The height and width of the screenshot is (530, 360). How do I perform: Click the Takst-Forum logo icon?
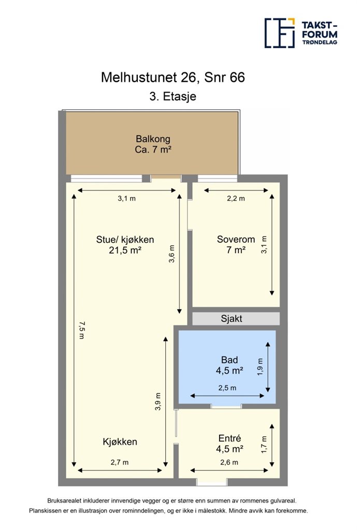point(280,33)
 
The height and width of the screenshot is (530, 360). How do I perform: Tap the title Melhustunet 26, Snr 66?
point(172,78)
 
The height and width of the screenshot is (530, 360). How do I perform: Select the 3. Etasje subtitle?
point(173,96)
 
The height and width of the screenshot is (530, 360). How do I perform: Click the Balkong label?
point(153,139)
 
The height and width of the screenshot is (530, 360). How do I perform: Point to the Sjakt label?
point(232,318)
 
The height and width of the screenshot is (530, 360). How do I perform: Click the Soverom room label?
point(236,239)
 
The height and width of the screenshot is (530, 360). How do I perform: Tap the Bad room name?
point(229,360)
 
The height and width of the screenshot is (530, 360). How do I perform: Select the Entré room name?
point(230,438)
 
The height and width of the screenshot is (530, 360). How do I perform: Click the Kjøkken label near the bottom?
point(120,442)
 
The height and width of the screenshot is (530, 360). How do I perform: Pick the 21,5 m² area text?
point(125,250)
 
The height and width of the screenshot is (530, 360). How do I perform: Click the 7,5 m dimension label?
point(81,330)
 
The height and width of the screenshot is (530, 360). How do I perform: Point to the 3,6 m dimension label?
point(172,254)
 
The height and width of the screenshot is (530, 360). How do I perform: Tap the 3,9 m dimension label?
point(158,402)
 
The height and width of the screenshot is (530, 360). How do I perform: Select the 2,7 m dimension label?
point(120,462)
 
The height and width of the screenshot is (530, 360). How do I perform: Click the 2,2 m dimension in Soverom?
point(236,198)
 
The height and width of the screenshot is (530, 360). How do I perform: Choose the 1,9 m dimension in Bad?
point(260,366)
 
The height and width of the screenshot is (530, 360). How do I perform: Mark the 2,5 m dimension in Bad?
point(227,388)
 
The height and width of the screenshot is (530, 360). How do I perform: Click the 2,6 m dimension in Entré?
point(229,462)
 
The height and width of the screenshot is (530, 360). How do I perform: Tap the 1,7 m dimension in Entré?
point(264,444)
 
